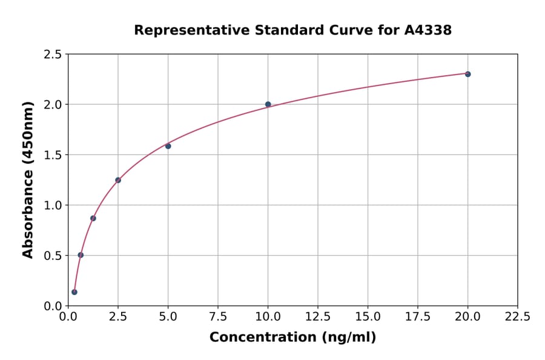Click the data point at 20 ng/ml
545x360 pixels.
coord(467,74)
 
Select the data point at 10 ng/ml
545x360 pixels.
coord(268,104)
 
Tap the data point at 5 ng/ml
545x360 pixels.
coord(168,146)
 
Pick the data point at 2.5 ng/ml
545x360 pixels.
coord(118,180)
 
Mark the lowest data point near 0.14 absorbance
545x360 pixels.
coord(74,292)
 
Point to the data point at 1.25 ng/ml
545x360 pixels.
coord(93,218)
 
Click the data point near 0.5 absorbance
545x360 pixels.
coord(81,255)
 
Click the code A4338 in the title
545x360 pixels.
coord(428,30)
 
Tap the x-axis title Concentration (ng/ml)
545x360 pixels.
coord(292,338)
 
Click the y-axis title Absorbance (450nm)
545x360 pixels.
coord(28,179)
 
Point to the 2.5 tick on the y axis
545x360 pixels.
coord(53,55)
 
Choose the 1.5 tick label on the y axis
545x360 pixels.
coord(53,155)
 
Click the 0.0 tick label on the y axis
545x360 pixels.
coord(53,306)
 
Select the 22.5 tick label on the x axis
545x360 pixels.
coord(518,317)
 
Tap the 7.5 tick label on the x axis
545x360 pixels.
coord(218,317)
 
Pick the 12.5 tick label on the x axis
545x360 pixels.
coord(318,317)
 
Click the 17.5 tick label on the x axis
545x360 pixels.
coord(418,317)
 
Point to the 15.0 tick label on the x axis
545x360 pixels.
coord(368,317)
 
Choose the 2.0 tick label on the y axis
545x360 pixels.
coord(53,105)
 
